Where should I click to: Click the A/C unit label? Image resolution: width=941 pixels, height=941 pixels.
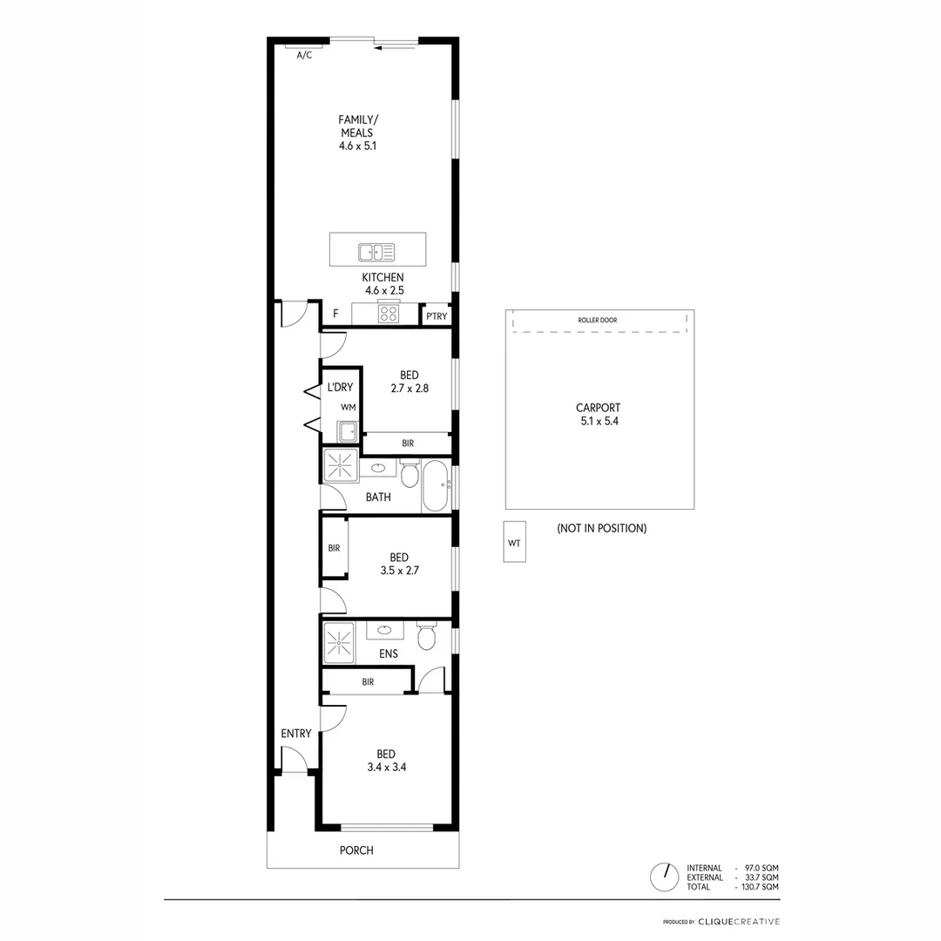pyautogui.click(x=304, y=55)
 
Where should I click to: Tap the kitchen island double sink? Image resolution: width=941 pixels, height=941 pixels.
pyautogui.click(x=376, y=252)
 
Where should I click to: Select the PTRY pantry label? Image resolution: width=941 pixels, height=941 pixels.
pyautogui.click(x=437, y=316)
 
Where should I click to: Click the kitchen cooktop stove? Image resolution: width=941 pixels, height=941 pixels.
pyautogui.click(x=389, y=314)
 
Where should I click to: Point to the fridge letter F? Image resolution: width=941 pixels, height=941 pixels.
pyautogui.click(x=335, y=314)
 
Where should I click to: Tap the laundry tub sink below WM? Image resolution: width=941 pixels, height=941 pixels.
pyautogui.click(x=348, y=430)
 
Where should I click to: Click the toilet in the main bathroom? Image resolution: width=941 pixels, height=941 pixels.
pyautogui.click(x=410, y=474)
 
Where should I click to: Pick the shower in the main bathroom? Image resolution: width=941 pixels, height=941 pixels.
pyautogui.click(x=341, y=466)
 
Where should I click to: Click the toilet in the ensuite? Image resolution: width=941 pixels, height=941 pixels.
pyautogui.click(x=426, y=637)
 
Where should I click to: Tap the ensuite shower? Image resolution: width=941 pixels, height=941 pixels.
pyautogui.click(x=338, y=643)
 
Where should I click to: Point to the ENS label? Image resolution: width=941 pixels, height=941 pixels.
pyautogui.click(x=389, y=653)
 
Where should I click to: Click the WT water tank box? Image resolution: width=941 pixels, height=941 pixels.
pyautogui.click(x=514, y=543)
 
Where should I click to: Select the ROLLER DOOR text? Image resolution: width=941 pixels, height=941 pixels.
pyautogui.click(x=598, y=321)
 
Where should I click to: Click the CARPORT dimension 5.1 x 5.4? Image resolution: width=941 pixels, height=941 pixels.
pyautogui.click(x=598, y=421)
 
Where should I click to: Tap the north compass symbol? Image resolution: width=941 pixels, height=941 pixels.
pyautogui.click(x=665, y=877)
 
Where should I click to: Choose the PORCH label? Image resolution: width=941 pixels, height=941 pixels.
pyautogui.click(x=356, y=850)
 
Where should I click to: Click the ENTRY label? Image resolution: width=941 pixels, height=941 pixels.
pyautogui.click(x=296, y=734)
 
